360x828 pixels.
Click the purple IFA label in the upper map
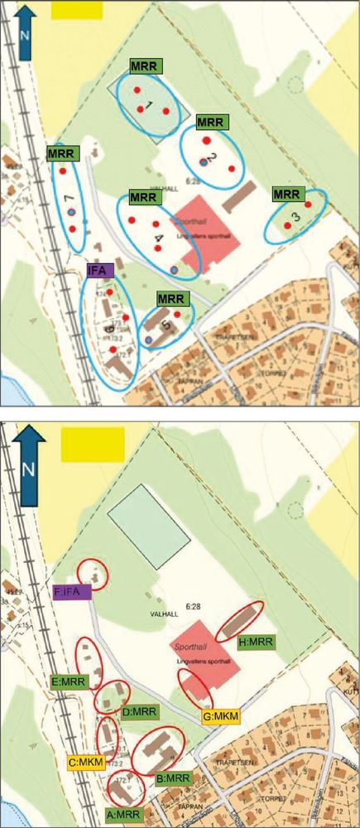click(x=100, y=270)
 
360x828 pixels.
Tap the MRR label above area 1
click(x=146, y=65)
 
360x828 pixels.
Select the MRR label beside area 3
click(x=286, y=195)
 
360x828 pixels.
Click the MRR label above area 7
click(x=61, y=153)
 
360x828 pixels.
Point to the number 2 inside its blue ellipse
click(x=211, y=157)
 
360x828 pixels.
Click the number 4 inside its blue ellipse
click(x=159, y=237)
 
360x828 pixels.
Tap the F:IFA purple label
click(x=71, y=592)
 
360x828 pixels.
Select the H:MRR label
click(x=253, y=643)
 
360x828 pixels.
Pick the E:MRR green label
click(x=69, y=682)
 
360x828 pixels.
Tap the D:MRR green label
click(x=139, y=712)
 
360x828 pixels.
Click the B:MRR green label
click(x=173, y=778)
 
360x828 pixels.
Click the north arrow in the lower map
click(x=30, y=460)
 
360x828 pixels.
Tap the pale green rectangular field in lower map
click(x=150, y=527)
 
